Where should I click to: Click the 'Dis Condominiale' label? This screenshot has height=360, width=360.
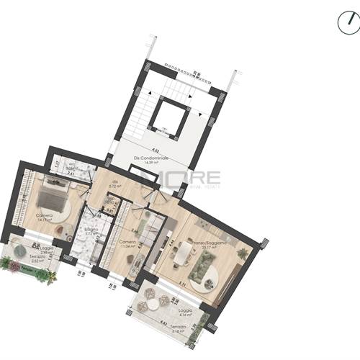click(151, 158)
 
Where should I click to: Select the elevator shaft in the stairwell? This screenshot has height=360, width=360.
click(171, 116)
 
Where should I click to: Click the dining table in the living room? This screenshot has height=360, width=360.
click(184, 251)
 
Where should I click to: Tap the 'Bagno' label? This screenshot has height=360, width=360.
click(88, 229)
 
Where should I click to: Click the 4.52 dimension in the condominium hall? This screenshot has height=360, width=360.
click(154, 151)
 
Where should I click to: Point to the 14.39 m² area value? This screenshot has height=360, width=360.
click(151, 163)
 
